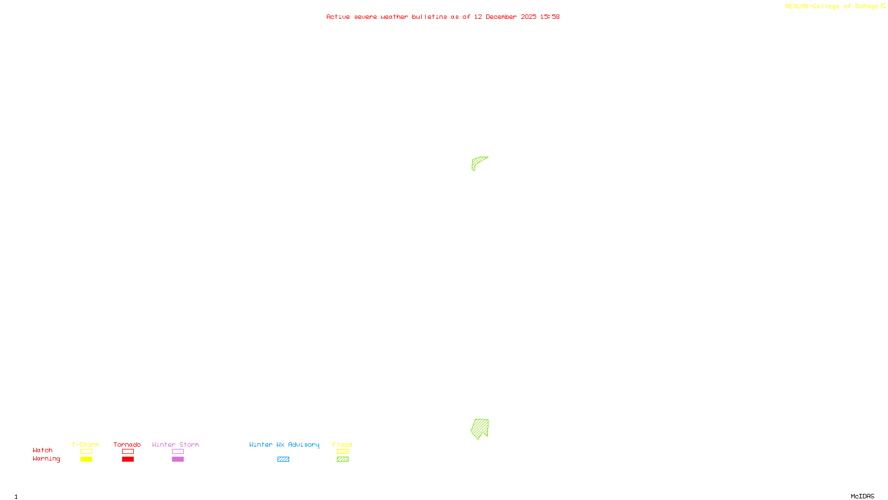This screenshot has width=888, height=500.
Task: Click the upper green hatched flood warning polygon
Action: (478, 162)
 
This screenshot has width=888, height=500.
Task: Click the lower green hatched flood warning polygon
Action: (480, 428)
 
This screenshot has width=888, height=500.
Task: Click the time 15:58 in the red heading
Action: (550, 17)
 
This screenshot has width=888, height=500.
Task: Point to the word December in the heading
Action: (501, 17)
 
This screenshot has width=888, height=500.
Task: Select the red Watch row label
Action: (43, 450)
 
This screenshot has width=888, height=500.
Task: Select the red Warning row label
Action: (46, 459)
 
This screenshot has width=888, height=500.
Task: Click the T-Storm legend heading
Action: (85, 444)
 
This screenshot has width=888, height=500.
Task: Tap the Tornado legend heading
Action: (127, 444)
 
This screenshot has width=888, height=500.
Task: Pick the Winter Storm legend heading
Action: (175, 444)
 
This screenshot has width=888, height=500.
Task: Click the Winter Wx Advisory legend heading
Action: (284, 444)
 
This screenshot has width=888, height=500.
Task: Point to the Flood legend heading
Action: (342, 444)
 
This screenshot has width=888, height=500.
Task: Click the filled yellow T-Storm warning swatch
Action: (86, 459)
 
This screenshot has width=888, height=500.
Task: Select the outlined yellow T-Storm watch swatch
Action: (86, 452)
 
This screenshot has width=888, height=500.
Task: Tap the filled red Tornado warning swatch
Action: (128, 459)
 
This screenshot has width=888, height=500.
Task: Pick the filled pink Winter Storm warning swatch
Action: (178, 459)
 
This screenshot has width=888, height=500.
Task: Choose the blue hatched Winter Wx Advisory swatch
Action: (283, 459)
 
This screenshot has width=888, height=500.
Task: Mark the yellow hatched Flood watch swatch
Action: (342, 452)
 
